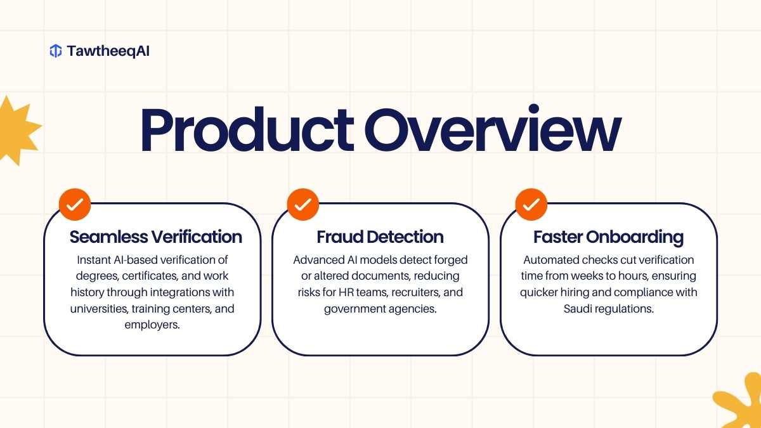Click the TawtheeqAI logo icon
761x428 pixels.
[x=56, y=51]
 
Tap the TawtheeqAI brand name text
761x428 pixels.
[x=108, y=51]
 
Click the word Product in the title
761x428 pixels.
[x=247, y=129]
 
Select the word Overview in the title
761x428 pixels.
[x=493, y=128]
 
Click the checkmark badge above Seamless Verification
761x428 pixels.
[x=75, y=204]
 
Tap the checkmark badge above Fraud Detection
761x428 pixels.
[x=303, y=204]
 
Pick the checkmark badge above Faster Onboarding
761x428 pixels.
[x=531, y=204]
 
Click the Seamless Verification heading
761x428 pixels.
[x=156, y=237]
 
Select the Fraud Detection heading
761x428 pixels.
[x=380, y=237]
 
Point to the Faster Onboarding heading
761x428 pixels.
[x=608, y=237]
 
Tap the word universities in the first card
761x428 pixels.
[x=98, y=309]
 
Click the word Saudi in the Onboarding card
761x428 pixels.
[x=578, y=308]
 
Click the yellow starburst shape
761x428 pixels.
[x=17, y=131]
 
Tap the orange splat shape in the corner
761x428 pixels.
[x=741, y=403]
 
